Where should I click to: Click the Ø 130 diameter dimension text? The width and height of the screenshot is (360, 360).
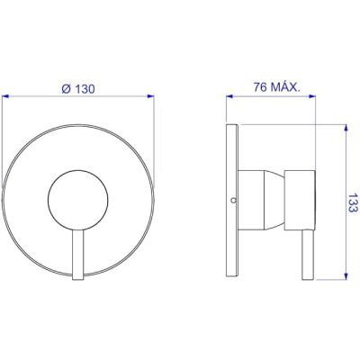(x=78, y=89)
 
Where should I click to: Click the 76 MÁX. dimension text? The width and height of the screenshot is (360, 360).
(x=276, y=87)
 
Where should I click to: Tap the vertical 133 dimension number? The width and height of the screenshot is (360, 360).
(x=353, y=202)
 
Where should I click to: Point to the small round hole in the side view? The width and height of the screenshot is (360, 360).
(x=234, y=200)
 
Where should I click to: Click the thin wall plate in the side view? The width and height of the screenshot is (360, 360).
(x=232, y=200)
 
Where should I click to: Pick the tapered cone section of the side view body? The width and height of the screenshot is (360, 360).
(x=274, y=201)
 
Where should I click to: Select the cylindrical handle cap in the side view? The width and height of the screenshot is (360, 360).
(x=300, y=201)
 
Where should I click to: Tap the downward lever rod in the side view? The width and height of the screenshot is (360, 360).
(x=308, y=256)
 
